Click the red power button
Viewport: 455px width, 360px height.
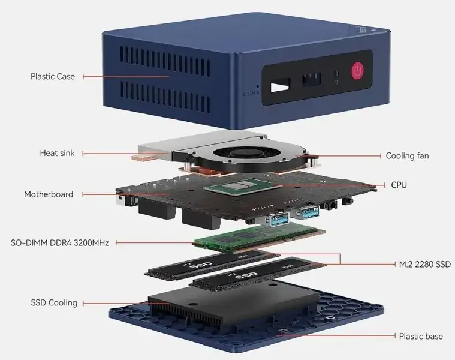click(358, 71)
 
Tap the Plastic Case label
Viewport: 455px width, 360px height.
click(53, 76)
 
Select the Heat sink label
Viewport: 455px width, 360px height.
click(58, 154)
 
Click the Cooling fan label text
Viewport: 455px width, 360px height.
click(407, 156)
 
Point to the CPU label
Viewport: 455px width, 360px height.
click(399, 185)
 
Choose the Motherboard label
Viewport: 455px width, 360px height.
click(49, 194)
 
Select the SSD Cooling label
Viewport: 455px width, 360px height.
click(54, 302)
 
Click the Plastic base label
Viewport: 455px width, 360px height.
click(421, 336)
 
